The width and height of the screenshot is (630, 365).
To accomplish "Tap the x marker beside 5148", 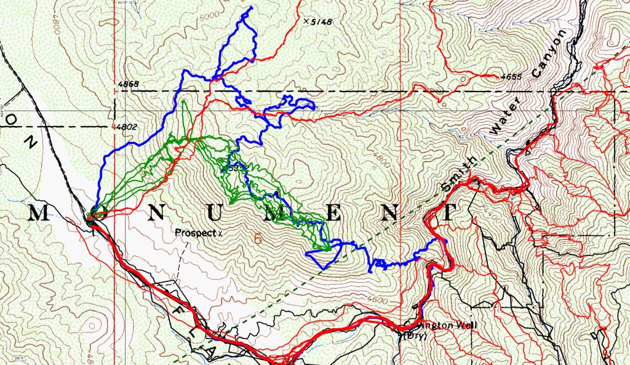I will pos(306,21).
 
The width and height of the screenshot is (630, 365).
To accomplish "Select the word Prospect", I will pos(192,234).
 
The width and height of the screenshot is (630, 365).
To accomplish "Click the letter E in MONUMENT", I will pos(331,213).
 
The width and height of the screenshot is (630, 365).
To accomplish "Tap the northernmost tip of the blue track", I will pos(251,8).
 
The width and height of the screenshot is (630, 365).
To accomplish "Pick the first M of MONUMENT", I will pos(38,213).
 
